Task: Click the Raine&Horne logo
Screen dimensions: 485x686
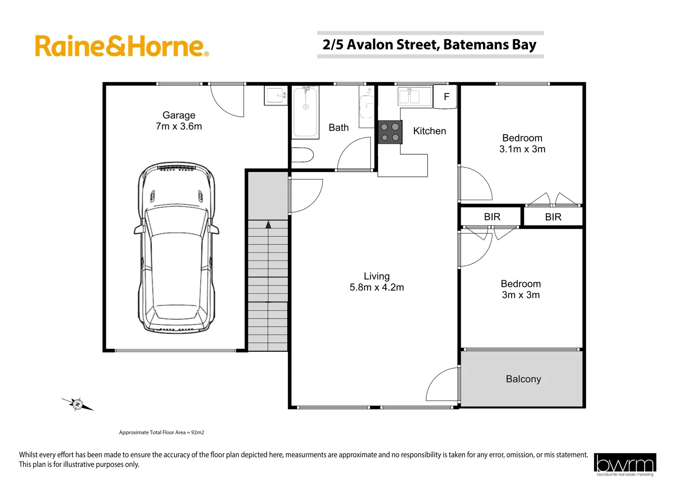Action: [x=121, y=46]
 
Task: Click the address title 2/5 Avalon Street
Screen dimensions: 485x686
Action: [x=429, y=45]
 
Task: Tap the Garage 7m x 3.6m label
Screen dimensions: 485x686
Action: [x=179, y=121]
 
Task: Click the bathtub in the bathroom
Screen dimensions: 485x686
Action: [x=305, y=112]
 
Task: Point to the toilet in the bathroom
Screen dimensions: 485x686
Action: [x=303, y=155]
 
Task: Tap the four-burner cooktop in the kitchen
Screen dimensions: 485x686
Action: [x=390, y=132]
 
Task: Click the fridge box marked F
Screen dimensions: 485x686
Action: [x=446, y=97]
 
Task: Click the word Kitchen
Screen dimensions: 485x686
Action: [x=429, y=131]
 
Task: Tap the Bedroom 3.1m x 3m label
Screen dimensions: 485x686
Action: [x=522, y=143]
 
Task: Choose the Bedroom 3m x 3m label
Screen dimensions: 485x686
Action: [x=521, y=289]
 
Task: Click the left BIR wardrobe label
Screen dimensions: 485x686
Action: [x=492, y=217]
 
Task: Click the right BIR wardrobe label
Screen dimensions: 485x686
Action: [x=553, y=217]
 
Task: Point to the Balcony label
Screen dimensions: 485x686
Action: [x=523, y=379]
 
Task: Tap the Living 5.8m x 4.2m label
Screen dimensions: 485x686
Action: [x=377, y=282]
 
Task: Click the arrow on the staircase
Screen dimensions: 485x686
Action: [x=268, y=225]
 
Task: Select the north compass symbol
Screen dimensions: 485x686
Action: [x=78, y=404]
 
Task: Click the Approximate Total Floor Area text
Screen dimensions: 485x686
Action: [x=161, y=432]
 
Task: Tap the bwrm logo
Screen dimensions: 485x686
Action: [x=624, y=464]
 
